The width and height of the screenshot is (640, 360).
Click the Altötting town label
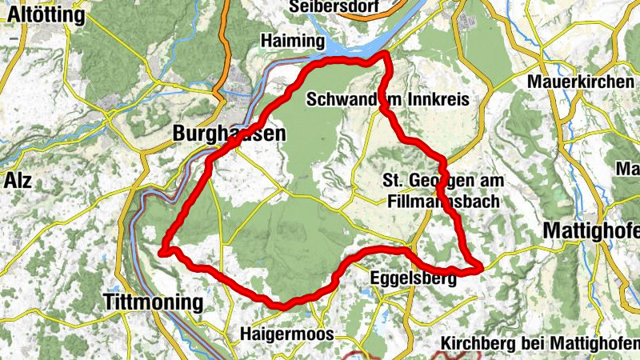tap(45, 15)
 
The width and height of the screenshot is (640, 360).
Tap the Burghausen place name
tap(228, 135)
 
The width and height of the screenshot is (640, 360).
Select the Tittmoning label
tap(154, 302)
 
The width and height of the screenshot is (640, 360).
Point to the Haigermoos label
tap(286, 334)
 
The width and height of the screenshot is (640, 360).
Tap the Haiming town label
tap(291, 40)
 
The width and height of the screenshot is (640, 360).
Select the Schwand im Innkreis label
tap(387, 98)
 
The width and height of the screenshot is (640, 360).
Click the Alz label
tap(17, 179)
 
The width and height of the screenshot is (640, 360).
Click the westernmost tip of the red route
tap(163, 253)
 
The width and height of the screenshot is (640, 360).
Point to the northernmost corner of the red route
tap(386, 54)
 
